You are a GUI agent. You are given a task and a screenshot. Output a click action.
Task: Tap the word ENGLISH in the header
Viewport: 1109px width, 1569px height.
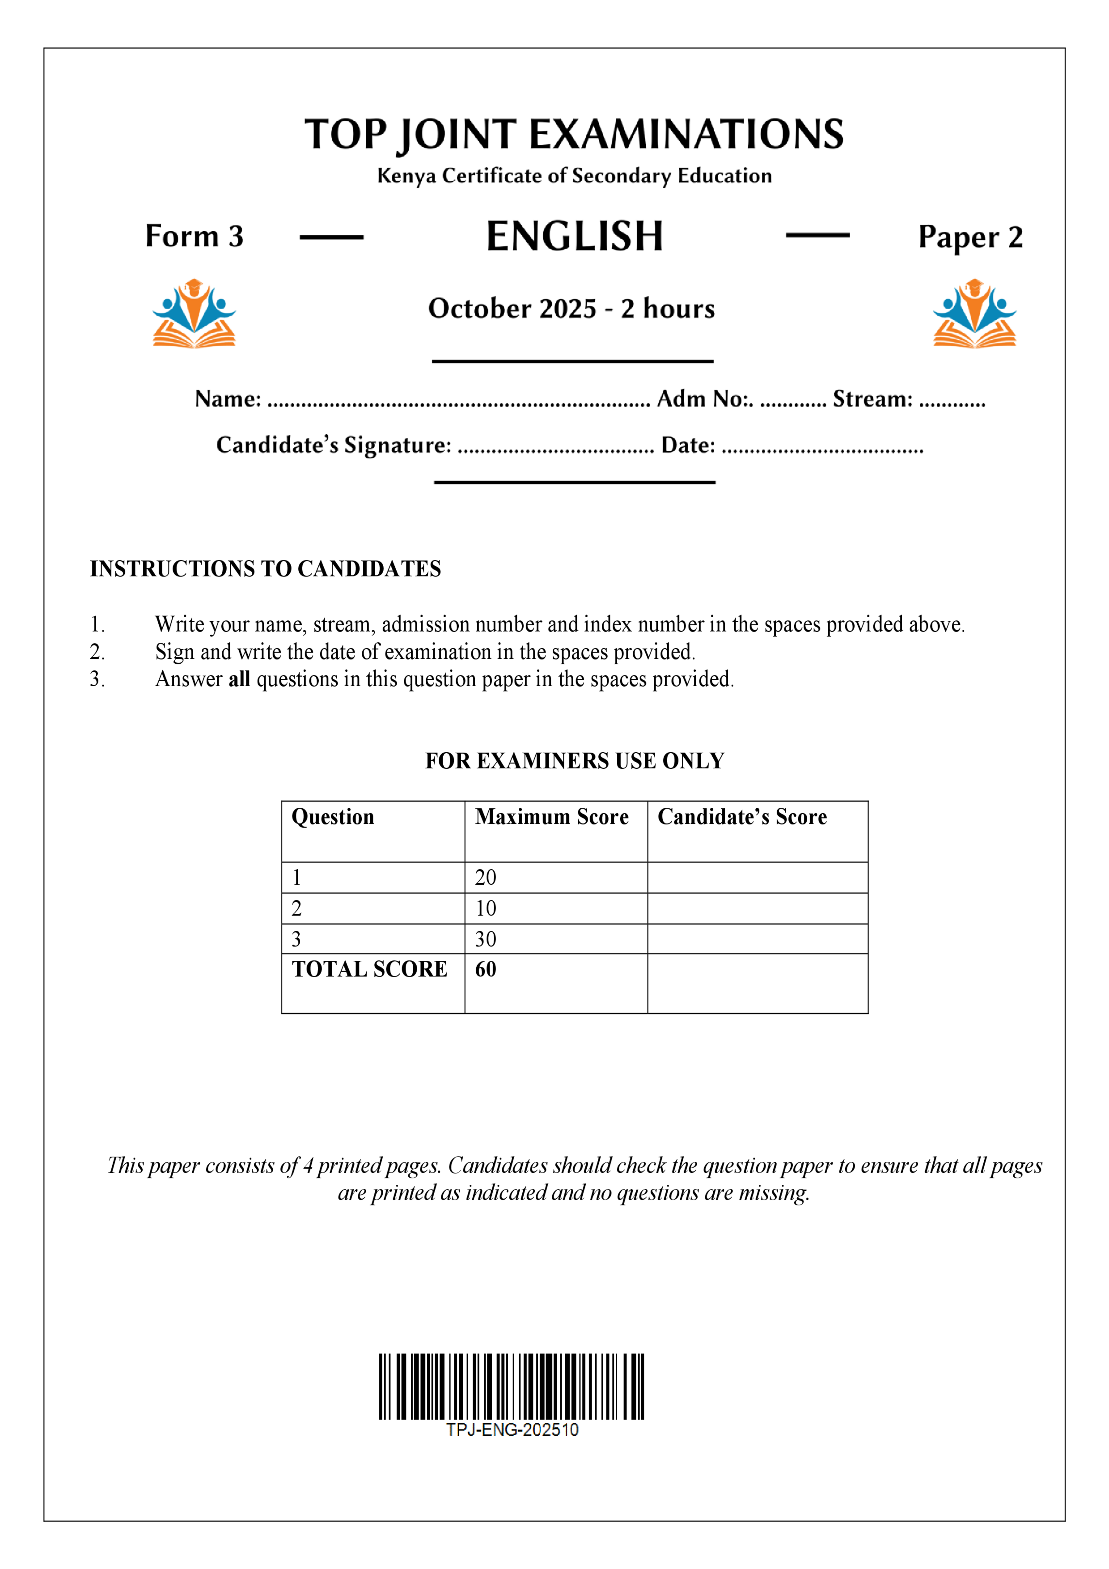point(574,237)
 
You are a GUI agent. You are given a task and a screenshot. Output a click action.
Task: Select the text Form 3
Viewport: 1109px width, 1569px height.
point(194,237)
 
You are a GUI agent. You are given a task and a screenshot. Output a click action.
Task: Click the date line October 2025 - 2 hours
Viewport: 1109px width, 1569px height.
point(571,309)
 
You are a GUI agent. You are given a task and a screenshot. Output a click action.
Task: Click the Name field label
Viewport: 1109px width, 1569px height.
point(228,399)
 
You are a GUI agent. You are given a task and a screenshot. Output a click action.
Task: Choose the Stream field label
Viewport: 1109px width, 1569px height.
point(872,399)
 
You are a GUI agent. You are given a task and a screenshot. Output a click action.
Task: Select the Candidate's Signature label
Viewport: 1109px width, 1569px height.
point(334,445)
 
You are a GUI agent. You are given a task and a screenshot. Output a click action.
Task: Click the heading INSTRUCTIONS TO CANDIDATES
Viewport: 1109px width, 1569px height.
point(265,568)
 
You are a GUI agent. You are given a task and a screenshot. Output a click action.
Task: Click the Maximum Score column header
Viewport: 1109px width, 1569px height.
point(551,817)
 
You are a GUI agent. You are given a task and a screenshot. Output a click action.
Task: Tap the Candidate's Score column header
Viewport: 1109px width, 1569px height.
point(741,817)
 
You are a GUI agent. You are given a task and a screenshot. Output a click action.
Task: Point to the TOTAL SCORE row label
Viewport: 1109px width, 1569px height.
point(369,970)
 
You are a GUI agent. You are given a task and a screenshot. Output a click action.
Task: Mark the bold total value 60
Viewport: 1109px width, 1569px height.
point(486,970)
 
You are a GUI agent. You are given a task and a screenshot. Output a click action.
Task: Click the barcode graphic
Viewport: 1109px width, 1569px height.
point(511,1387)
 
